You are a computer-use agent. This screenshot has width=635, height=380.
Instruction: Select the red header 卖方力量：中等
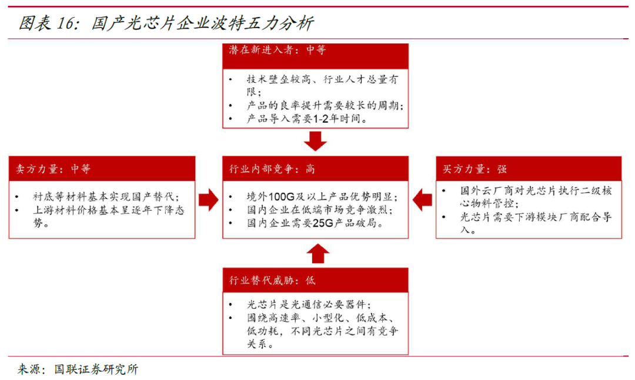click(x=54, y=169)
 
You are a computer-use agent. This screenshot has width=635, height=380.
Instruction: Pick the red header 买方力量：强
click(x=474, y=169)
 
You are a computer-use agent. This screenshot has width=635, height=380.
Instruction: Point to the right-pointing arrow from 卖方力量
click(x=208, y=200)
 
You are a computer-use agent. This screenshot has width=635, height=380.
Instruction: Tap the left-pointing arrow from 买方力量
click(x=422, y=200)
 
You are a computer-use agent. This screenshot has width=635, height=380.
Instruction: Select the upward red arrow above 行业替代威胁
click(x=316, y=253)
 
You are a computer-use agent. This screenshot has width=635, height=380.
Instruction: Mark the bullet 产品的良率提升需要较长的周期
click(x=325, y=106)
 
